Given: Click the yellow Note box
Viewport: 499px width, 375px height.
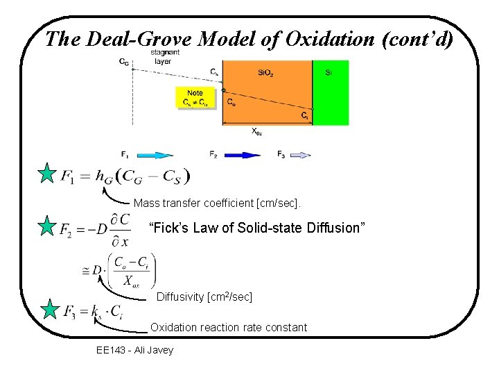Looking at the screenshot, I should [x=195, y=98].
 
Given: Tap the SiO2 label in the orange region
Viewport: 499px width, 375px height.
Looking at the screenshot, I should [x=264, y=72].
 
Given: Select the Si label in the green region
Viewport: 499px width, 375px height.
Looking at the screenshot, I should [x=329, y=72].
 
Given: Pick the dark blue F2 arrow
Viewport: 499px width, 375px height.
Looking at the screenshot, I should [x=243, y=155].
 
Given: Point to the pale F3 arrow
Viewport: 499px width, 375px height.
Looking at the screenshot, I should [x=301, y=155].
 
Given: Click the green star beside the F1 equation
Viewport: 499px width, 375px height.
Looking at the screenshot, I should [x=46, y=174].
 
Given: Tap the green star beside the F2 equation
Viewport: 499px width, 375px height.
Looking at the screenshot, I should [x=46, y=226].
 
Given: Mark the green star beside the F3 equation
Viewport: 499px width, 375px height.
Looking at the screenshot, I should [x=50, y=309].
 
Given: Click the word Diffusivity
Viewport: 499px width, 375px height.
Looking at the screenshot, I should [x=180, y=297].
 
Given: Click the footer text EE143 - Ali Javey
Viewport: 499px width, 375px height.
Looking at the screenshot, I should [x=135, y=349].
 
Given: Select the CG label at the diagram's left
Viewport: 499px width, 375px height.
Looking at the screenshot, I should [x=123, y=62].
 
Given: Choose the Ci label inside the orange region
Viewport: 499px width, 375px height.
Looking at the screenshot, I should [x=304, y=116].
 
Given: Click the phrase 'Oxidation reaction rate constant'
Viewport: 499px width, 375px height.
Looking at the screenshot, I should [x=229, y=327].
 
